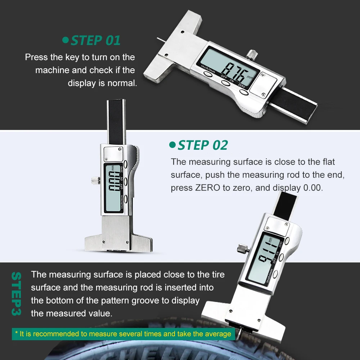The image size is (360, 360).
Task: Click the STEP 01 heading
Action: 95,41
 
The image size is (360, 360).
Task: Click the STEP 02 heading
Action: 203,145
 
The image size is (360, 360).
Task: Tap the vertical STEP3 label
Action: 17,294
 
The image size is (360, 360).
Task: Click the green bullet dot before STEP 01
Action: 66,40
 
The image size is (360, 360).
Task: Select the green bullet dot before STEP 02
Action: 172,145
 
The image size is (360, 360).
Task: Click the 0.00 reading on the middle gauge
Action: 114,181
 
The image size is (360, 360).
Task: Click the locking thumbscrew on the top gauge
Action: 252,54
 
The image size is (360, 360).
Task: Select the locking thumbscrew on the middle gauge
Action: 95,180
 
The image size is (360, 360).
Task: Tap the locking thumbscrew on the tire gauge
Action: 243,248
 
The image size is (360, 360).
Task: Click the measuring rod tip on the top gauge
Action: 158,39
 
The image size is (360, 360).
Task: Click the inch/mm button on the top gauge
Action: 208,74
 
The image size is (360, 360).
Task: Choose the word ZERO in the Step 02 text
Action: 208,188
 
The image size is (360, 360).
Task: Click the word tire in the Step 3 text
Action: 218,275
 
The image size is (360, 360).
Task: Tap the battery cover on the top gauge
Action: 264,85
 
